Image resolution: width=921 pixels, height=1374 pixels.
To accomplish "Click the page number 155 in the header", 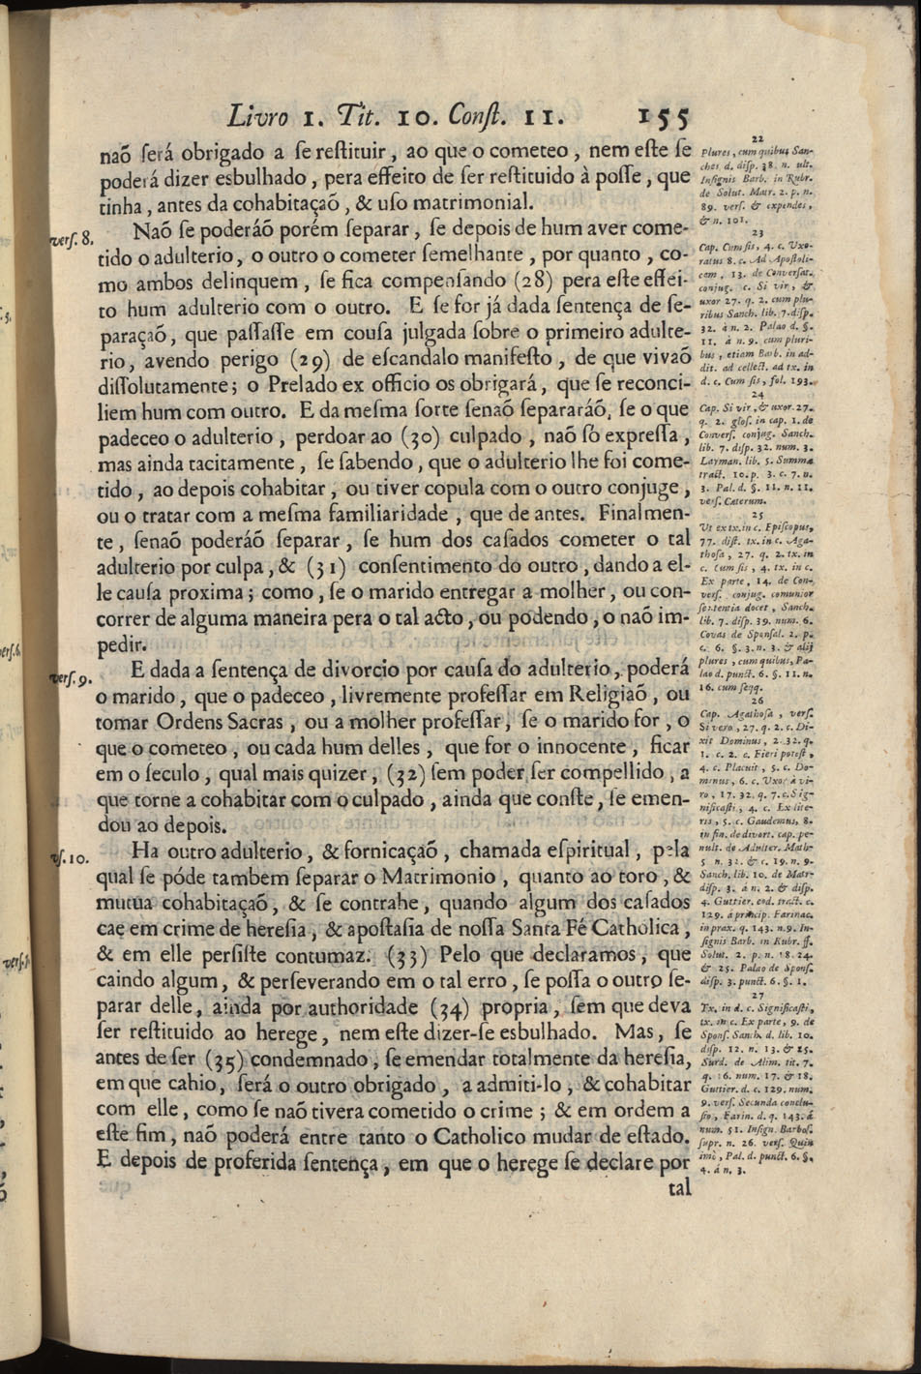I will click(662, 118).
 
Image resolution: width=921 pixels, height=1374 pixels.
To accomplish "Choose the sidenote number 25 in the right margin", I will click(758, 517).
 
